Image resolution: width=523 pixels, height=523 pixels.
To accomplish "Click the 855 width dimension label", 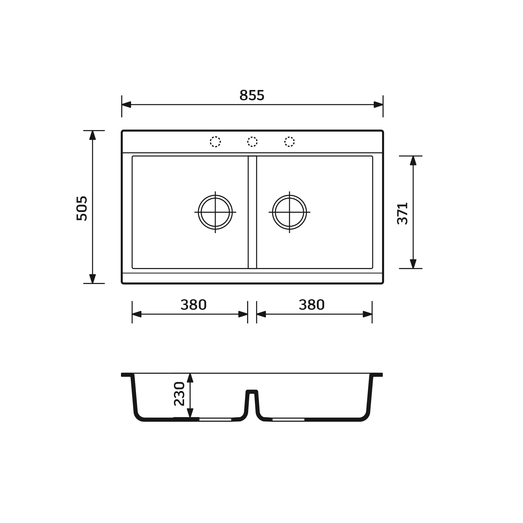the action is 252,95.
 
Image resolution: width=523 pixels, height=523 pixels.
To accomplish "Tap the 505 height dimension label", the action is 82,208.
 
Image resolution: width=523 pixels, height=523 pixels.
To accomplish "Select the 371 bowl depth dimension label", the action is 402,213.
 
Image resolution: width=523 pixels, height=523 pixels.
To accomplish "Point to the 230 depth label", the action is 179,394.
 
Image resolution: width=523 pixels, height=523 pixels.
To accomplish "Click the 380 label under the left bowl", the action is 194,305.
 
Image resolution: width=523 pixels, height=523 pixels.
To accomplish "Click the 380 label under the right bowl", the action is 312,305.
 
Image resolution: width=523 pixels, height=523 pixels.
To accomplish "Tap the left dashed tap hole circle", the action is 215,142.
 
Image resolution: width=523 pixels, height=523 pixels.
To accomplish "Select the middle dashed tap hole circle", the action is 252,142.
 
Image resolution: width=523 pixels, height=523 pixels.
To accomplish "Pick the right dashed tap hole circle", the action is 289,142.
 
